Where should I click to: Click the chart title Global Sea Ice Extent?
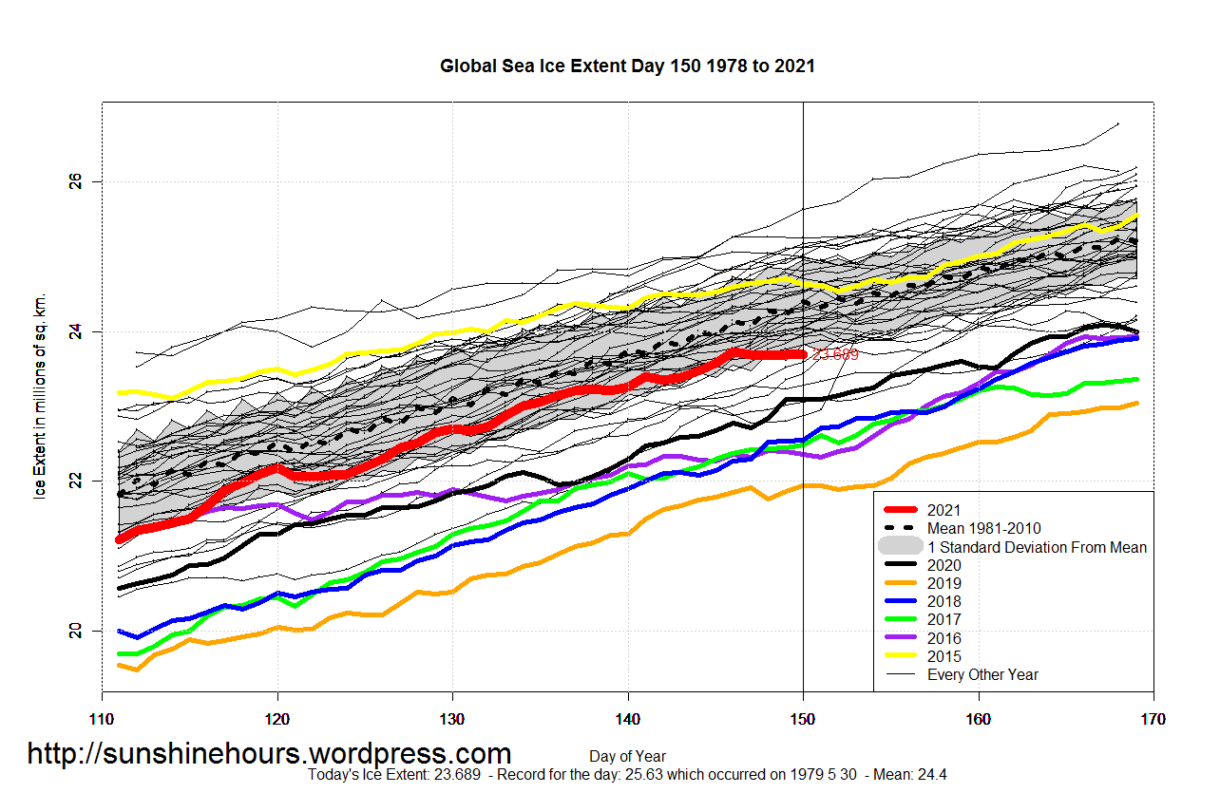point(627,66)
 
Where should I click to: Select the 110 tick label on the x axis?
point(102,721)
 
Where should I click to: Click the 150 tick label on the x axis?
point(803,721)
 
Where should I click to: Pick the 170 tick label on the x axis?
point(1153,721)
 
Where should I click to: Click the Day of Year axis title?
point(627,757)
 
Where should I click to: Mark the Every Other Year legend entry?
point(982,674)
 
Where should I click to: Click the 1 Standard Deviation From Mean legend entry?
point(1037,547)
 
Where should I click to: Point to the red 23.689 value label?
point(836,355)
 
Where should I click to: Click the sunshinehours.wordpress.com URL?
point(269,754)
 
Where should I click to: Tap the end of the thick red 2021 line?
point(803,354)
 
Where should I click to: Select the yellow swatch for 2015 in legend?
point(899,656)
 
